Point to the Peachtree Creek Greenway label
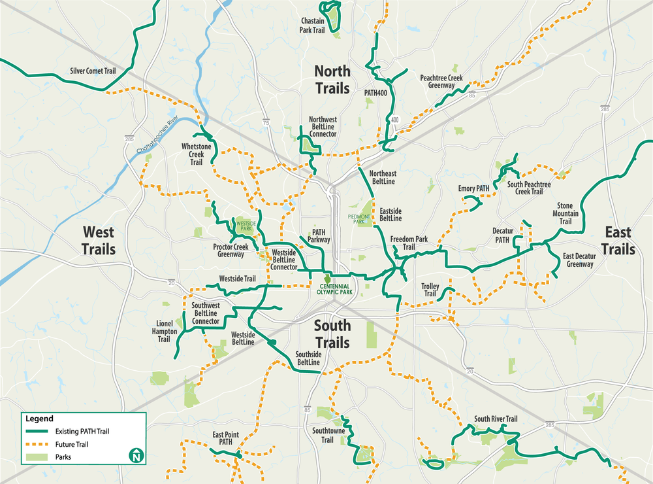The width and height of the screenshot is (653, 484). (441, 82)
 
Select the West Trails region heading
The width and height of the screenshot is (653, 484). (98, 240)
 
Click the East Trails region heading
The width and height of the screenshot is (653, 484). (618, 240)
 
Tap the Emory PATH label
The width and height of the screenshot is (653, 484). (473, 188)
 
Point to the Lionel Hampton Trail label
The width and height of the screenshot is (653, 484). (163, 331)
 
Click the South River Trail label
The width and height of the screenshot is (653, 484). (496, 419)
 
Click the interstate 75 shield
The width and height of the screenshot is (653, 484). (266, 123)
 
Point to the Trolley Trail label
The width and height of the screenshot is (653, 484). (430, 290)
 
